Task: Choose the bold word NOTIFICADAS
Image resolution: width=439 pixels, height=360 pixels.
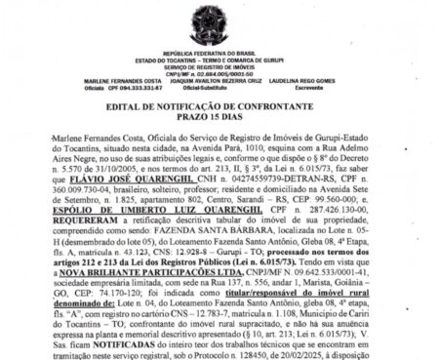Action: (95, 345)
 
